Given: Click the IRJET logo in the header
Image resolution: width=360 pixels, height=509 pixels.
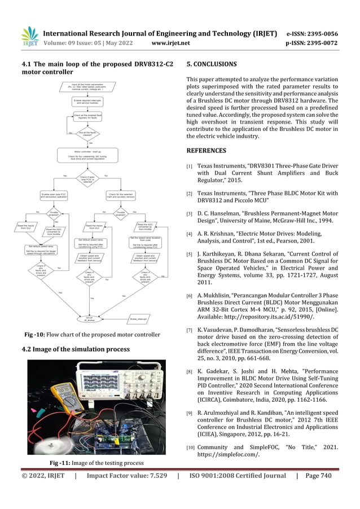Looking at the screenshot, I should (29, 37).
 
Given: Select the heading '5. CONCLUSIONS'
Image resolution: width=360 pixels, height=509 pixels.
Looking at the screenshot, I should (212, 64).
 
